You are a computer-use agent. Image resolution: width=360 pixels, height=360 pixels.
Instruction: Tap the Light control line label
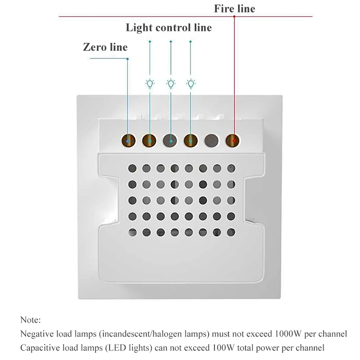168,28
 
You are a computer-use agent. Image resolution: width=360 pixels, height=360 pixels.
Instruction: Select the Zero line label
105,47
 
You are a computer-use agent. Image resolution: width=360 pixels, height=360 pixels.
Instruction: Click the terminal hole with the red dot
233,141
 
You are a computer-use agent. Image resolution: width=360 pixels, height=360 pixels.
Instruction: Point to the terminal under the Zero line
128,141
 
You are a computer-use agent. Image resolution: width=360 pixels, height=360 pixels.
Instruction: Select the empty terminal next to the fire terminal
211,141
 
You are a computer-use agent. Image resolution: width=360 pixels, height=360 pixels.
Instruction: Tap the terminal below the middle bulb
170,141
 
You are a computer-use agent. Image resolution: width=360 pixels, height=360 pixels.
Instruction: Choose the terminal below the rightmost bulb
191,141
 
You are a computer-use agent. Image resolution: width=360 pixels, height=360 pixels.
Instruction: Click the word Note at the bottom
30,320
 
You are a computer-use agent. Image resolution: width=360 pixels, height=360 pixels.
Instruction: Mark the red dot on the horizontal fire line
234,17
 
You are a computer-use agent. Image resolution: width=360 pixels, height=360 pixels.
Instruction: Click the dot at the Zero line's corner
128,59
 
